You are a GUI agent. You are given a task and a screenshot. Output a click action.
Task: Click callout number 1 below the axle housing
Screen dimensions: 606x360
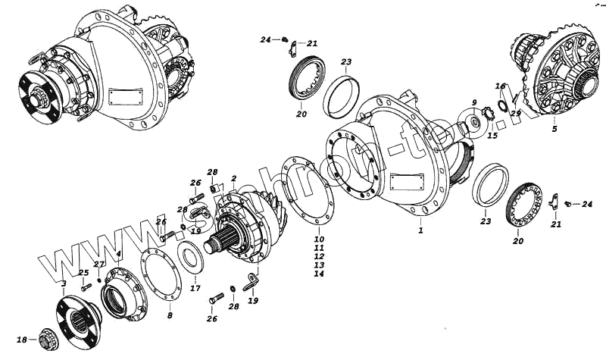point(420,228)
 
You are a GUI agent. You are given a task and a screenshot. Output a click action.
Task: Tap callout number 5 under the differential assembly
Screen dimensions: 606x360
point(554,129)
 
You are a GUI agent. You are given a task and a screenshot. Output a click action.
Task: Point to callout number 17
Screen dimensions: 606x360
point(195,287)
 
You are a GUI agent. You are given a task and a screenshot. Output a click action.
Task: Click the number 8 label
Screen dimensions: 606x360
point(170,315)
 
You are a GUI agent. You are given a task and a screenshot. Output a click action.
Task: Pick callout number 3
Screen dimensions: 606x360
point(63,283)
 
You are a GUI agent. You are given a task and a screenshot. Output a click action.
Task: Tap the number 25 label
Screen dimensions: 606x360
point(83,273)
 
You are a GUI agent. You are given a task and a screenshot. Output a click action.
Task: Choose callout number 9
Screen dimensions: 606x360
point(473,102)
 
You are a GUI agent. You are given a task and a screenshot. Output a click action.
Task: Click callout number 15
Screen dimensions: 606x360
point(492,136)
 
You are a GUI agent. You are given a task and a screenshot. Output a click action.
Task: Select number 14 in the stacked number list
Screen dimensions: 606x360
point(319,274)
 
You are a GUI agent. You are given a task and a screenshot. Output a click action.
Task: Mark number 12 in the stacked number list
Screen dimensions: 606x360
point(319,256)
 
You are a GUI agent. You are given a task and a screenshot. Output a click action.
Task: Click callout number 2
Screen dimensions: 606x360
point(235,179)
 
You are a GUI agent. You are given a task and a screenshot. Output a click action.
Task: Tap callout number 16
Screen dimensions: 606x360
point(501,86)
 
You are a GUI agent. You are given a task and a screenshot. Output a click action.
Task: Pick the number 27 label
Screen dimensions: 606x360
point(99,265)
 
